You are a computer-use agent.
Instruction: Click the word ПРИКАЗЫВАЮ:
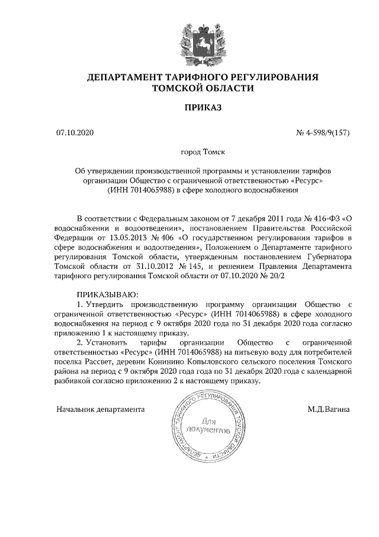107,295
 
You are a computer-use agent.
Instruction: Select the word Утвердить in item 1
107,304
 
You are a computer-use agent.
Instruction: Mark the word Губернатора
327,257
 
